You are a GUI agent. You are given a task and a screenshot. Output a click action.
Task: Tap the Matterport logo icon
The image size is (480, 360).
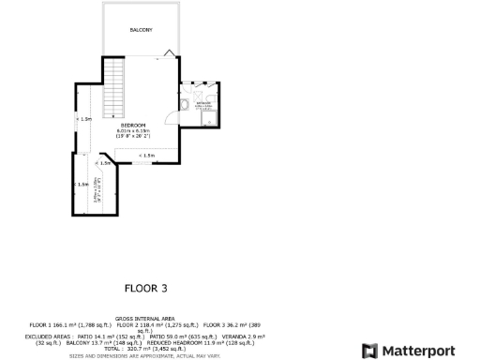pyautogui.click(x=368, y=351)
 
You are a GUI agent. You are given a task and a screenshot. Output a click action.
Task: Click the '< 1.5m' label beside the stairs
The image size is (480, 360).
pyautogui.click(x=84, y=119)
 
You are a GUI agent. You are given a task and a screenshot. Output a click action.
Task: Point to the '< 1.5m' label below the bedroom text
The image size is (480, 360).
pyautogui.click(x=146, y=155)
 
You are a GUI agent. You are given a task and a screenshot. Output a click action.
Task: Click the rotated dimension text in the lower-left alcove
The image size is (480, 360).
pyautogui.click(x=97, y=187)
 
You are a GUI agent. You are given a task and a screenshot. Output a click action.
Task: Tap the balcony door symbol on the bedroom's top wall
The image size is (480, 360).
pyautogui.click(x=168, y=52)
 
